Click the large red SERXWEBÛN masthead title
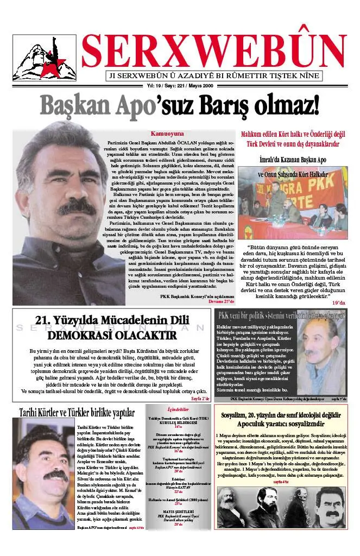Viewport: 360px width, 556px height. tap(214, 51)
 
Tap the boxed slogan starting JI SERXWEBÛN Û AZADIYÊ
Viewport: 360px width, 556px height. tap(214, 76)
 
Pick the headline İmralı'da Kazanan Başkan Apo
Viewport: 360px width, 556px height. tap(293, 160)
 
